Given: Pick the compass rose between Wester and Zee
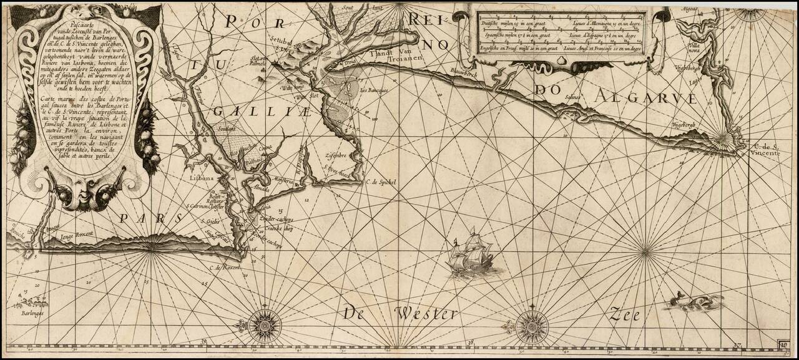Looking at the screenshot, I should [532, 324].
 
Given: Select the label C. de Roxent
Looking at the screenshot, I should [224, 267].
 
